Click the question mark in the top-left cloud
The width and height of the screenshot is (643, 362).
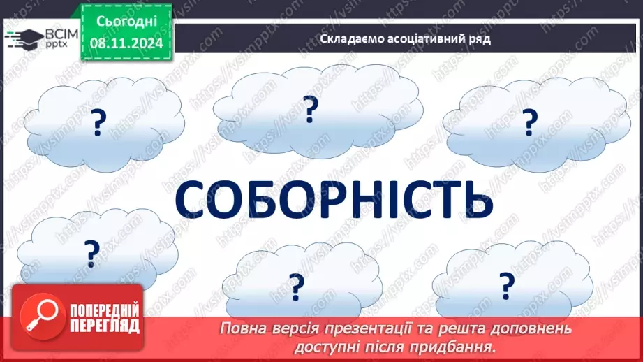pos(98,124)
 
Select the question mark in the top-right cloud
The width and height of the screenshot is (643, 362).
pos(532,124)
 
